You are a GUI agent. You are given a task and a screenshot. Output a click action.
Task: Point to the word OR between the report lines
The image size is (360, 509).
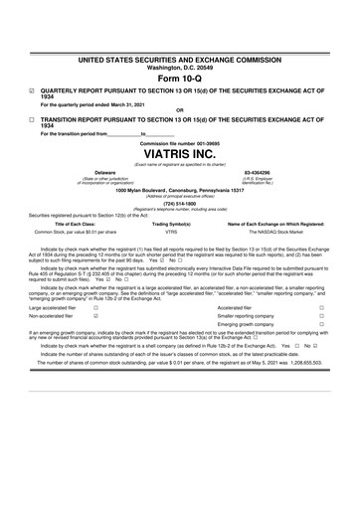click(x=179, y=110)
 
